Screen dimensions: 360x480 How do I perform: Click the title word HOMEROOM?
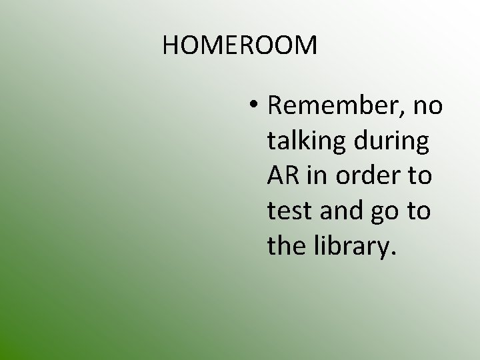pos(240,45)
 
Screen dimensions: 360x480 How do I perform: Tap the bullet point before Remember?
pos(254,107)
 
